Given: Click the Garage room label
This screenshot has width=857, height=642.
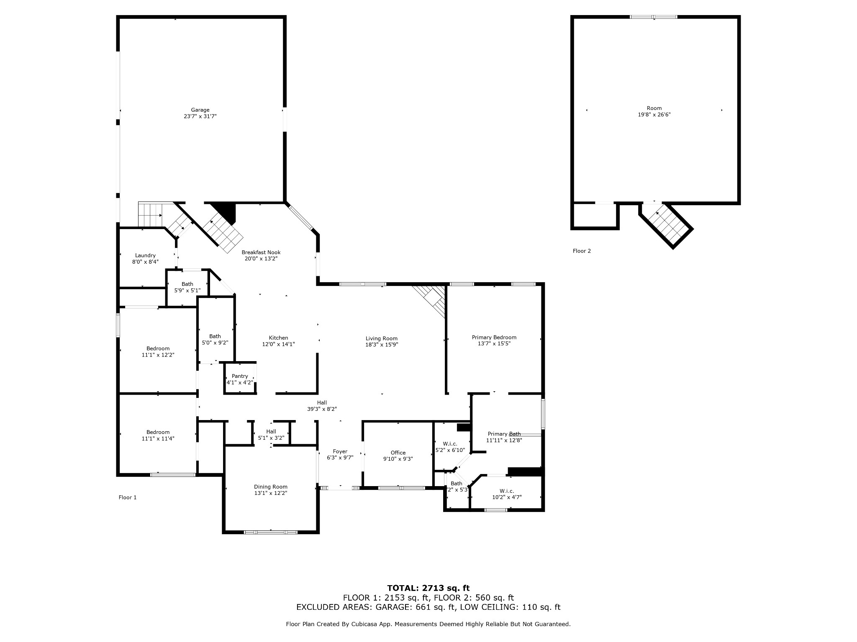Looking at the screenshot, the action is pyautogui.click(x=200, y=110).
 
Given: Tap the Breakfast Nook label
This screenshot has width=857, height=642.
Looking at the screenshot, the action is pyautogui.click(x=261, y=252).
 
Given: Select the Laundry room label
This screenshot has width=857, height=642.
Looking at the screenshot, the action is pyautogui.click(x=145, y=255).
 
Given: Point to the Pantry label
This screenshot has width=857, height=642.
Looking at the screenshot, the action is pyautogui.click(x=240, y=376).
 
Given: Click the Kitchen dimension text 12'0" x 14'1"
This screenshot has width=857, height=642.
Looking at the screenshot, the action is pyautogui.click(x=278, y=344).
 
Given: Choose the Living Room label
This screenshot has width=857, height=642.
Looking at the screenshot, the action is pyautogui.click(x=382, y=339).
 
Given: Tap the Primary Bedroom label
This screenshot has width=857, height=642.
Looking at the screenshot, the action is pyautogui.click(x=494, y=337).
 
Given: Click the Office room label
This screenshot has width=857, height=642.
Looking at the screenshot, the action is pyautogui.click(x=398, y=453).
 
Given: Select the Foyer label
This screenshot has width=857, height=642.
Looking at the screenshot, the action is pyautogui.click(x=340, y=451).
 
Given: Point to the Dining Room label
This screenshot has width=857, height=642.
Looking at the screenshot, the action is pyautogui.click(x=271, y=487).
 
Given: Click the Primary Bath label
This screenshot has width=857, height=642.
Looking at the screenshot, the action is pyautogui.click(x=504, y=434).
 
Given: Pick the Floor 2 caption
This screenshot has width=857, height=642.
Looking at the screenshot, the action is pyautogui.click(x=582, y=251).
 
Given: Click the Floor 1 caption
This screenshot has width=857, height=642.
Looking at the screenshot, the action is pyautogui.click(x=128, y=497).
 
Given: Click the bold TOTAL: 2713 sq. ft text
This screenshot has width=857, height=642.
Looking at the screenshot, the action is pyautogui.click(x=428, y=588).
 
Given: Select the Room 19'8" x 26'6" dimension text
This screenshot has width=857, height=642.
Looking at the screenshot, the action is pyautogui.click(x=654, y=115).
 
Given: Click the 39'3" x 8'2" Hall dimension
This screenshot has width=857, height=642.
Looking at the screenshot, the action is pyautogui.click(x=322, y=409).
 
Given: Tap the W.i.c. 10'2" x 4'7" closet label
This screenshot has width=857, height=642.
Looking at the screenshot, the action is pyautogui.click(x=507, y=494).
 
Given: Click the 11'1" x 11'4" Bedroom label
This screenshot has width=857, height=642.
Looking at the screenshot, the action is pyautogui.click(x=158, y=436).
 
